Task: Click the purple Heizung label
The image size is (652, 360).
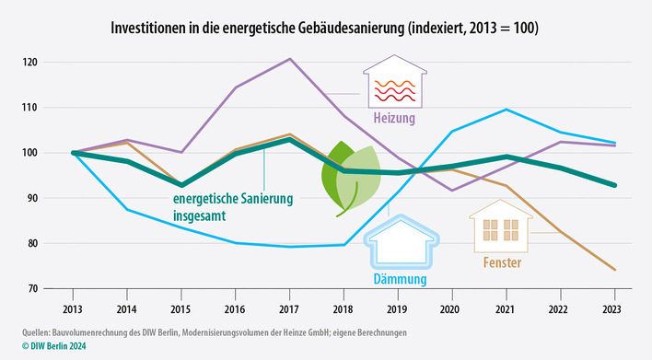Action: point(394,118)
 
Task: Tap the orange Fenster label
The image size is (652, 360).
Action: point(501,263)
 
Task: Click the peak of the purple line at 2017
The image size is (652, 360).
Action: point(290,59)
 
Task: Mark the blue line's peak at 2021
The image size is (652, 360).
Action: point(506,110)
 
